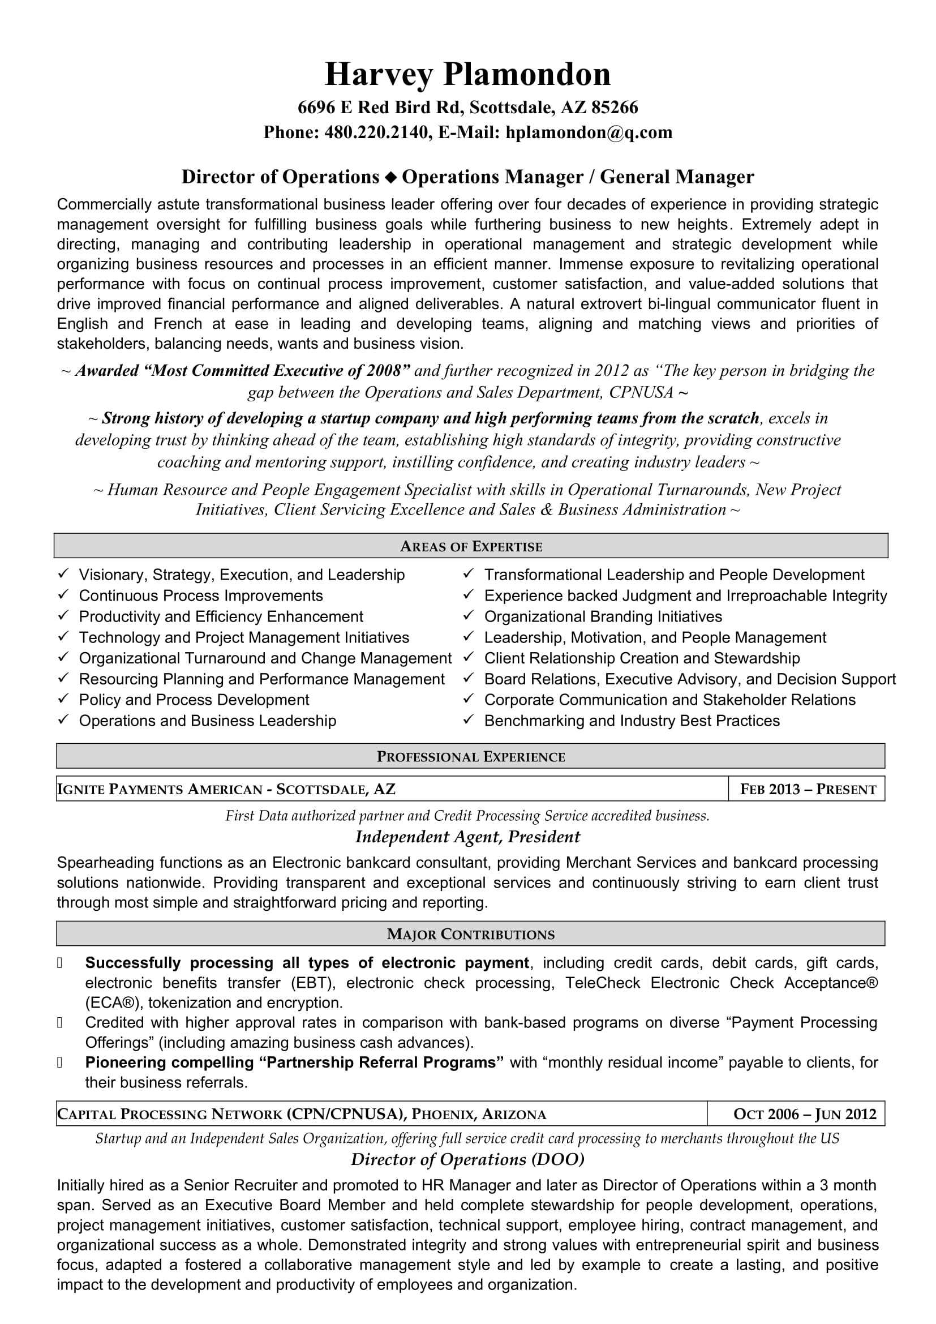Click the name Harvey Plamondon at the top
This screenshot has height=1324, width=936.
click(467, 75)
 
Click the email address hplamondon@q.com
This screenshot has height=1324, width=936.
click(589, 132)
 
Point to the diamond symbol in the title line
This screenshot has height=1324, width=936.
click(391, 178)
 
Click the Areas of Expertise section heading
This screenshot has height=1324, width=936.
click(471, 547)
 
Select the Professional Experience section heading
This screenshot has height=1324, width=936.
click(471, 757)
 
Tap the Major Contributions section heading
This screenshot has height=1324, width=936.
click(471, 934)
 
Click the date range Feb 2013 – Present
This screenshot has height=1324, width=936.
click(808, 790)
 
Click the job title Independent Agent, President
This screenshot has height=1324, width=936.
click(467, 837)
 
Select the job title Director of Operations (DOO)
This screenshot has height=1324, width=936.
click(467, 1160)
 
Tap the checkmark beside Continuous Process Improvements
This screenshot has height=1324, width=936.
click(63, 594)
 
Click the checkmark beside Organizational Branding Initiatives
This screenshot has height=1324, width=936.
click(469, 616)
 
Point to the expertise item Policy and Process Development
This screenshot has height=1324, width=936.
click(194, 700)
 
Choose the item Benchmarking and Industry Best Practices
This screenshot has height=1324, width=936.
click(632, 721)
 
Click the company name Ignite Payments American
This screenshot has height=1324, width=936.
click(160, 790)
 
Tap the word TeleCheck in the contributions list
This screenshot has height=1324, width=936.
click(602, 983)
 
